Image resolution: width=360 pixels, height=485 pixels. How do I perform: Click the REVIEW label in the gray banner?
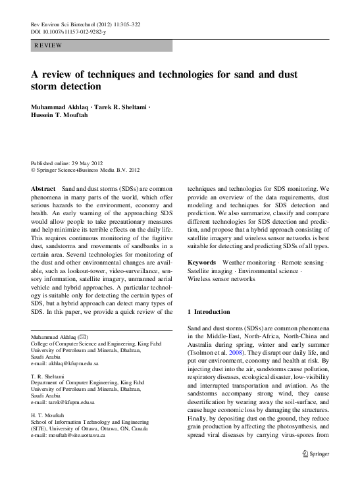pyautogui.click(x=48, y=45)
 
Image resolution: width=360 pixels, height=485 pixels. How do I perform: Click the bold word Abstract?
pyautogui.click(x=43, y=188)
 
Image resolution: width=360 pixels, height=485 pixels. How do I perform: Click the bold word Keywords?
pyautogui.click(x=202, y=262)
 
